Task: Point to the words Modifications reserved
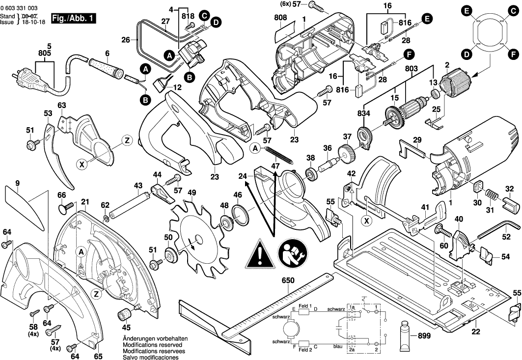click(x=148, y=345)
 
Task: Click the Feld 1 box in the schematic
click(x=304, y=311)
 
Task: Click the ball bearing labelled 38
click(x=311, y=174)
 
